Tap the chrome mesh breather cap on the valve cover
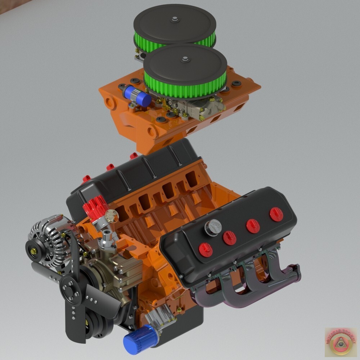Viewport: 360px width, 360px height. point(213,226)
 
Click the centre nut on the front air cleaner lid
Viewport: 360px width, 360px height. point(185,59)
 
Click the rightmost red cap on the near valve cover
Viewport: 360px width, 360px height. point(276,214)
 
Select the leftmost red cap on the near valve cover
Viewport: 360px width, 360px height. point(206,249)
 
